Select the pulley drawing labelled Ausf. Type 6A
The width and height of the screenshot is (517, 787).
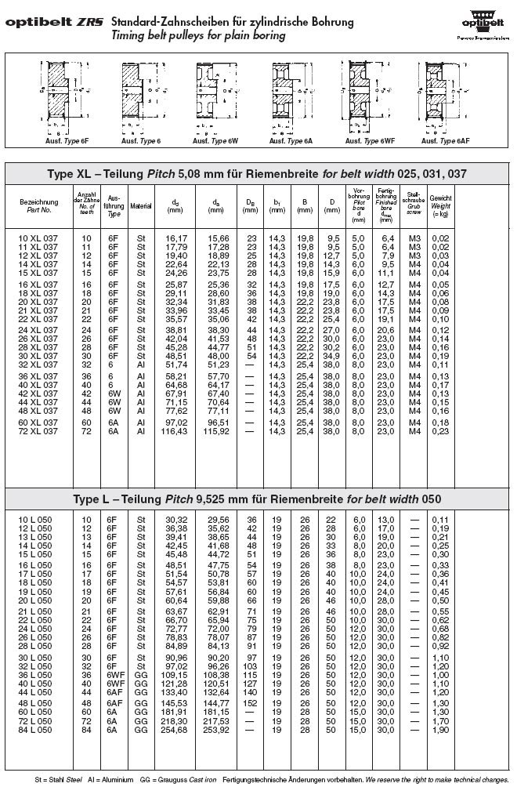(x=291, y=99)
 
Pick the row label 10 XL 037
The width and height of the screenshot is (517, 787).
(x=39, y=238)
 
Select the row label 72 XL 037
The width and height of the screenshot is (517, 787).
(x=39, y=432)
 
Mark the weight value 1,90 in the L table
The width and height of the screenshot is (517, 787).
(x=440, y=731)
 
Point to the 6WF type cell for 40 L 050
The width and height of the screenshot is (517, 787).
(x=114, y=684)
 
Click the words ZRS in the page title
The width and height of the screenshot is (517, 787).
(x=91, y=23)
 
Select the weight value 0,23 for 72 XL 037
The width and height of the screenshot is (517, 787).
(x=440, y=432)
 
